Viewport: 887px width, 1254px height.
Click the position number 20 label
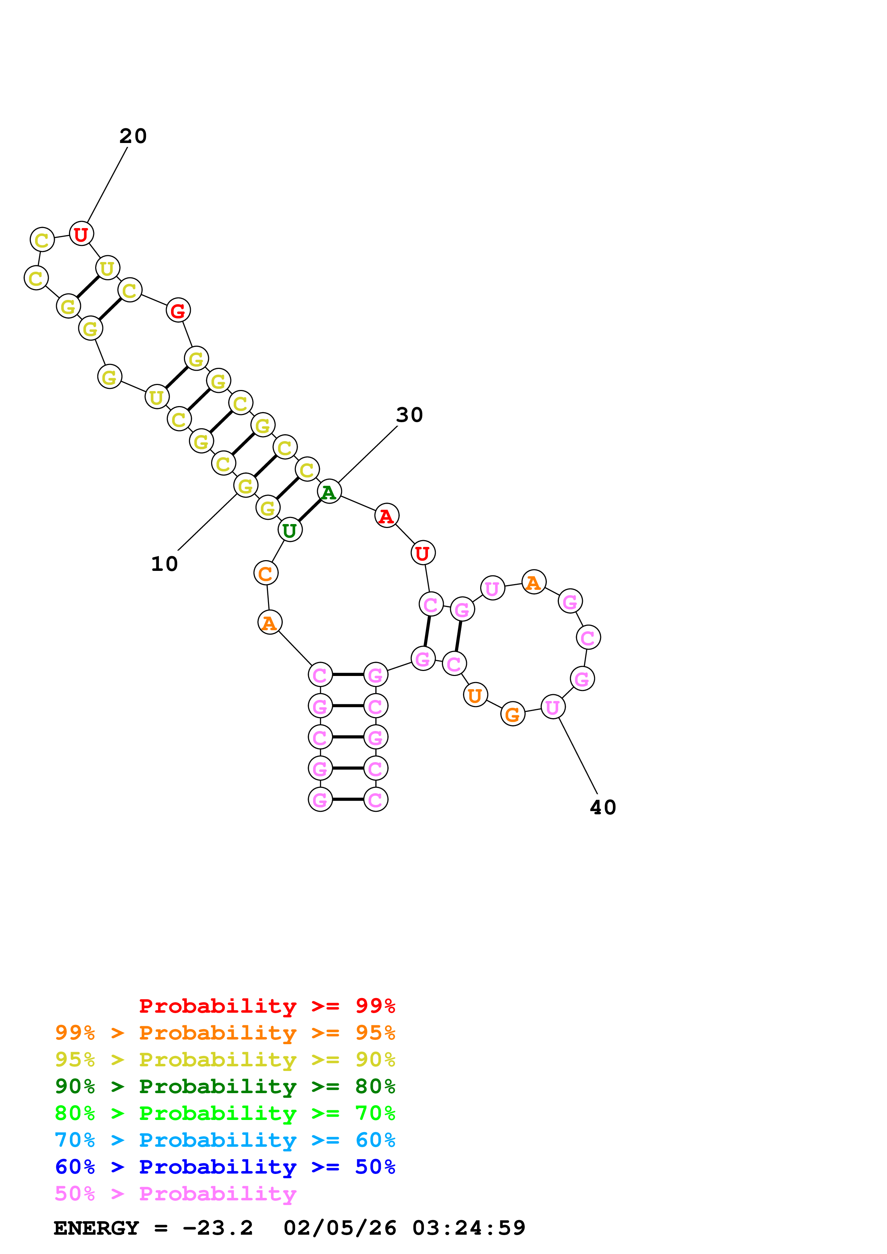(133, 136)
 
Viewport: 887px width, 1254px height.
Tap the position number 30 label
(409, 415)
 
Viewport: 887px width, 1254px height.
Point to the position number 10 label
(164, 564)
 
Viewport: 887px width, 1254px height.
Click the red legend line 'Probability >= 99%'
(267, 1006)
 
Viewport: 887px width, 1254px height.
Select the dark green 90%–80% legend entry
(225, 1086)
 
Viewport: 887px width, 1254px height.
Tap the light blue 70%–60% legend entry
(225, 1140)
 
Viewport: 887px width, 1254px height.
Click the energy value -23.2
(218, 1228)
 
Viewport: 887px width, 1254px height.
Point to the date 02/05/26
(340, 1228)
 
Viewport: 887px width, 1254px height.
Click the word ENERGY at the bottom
(96, 1228)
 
